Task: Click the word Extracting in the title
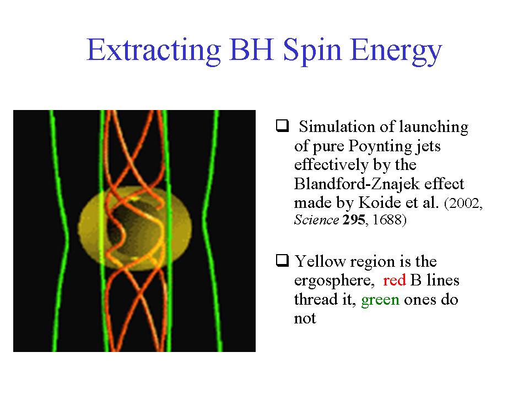click(x=154, y=51)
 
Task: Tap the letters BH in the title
click(x=251, y=50)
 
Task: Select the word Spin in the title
click(x=312, y=51)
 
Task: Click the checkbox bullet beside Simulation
click(x=282, y=125)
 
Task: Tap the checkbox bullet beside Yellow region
click(x=282, y=260)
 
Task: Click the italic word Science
click(x=316, y=220)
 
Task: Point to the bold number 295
click(x=354, y=220)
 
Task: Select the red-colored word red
click(x=395, y=280)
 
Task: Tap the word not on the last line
click(x=305, y=318)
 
